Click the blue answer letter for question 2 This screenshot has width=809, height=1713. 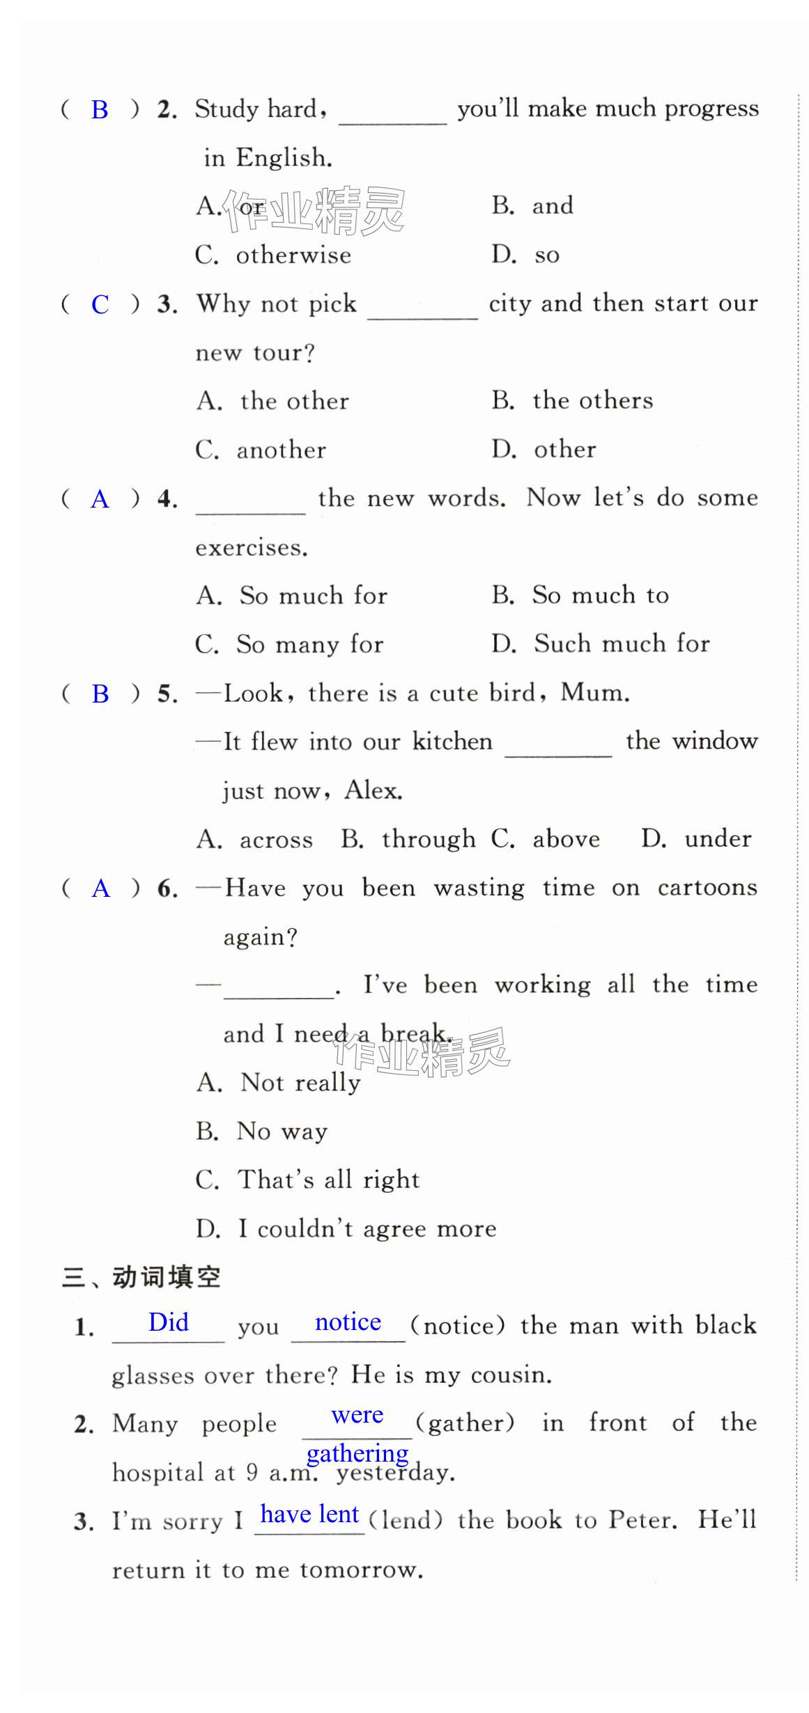point(100,110)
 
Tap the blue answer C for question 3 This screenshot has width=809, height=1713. point(100,304)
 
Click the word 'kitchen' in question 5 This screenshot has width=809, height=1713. point(452,742)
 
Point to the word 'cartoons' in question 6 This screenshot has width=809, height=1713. point(707,888)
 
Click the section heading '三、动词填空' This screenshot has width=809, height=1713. point(141,1277)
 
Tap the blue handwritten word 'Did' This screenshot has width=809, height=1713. point(169,1322)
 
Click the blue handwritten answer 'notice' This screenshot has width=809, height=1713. point(348,1322)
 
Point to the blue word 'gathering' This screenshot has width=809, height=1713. point(357,1453)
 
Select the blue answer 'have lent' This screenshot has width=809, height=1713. point(309,1514)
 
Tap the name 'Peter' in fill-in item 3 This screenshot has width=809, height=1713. point(641,1520)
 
